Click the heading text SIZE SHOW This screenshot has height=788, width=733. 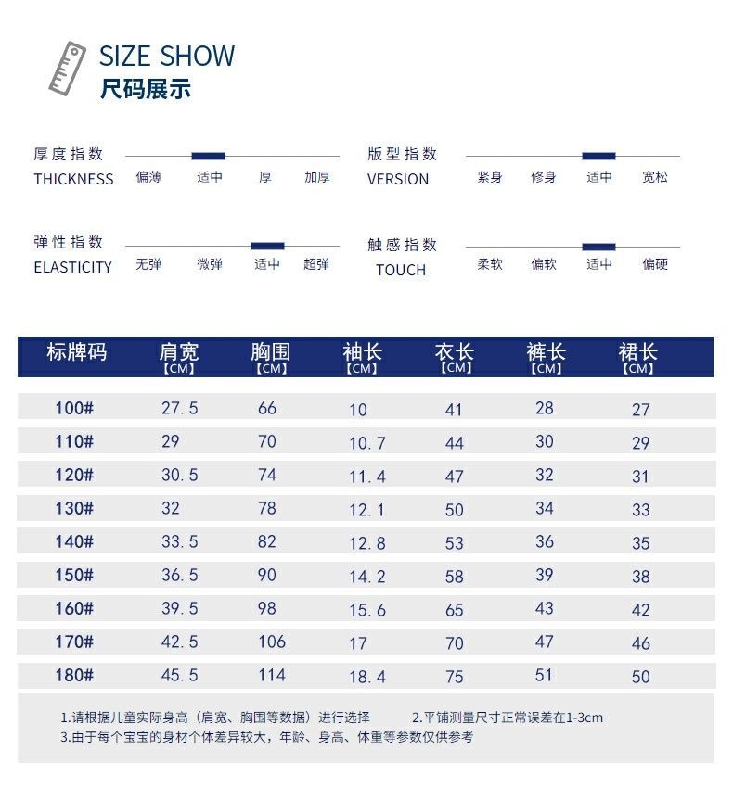pyautogui.click(x=167, y=56)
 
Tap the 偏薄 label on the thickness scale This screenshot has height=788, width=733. pyautogui.click(x=148, y=176)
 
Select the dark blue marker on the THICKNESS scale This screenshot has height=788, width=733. pyautogui.click(x=208, y=156)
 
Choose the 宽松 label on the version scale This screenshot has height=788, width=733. pyautogui.click(x=655, y=176)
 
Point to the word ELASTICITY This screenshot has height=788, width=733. pyautogui.click(x=72, y=267)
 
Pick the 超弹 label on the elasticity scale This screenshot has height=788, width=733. pyautogui.click(x=316, y=264)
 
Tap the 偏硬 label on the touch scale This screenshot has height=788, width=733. pyautogui.click(x=655, y=264)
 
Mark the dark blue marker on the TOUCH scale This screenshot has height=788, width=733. pyautogui.click(x=598, y=247)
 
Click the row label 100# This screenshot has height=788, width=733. pyautogui.click(x=74, y=408)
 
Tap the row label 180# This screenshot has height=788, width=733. pyautogui.click(x=74, y=675)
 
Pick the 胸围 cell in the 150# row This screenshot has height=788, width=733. pyautogui.click(x=267, y=575)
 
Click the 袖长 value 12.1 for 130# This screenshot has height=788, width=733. pyautogui.click(x=367, y=510)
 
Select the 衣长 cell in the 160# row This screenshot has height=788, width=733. pyautogui.click(x=454, y=610)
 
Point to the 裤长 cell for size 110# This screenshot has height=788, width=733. pyautogui.click(x=545, y=442)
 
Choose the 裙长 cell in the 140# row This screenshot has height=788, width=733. pyautogui.click(x=641, y=543)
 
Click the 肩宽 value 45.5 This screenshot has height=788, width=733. pyautogui.click(x=180, y=675)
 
